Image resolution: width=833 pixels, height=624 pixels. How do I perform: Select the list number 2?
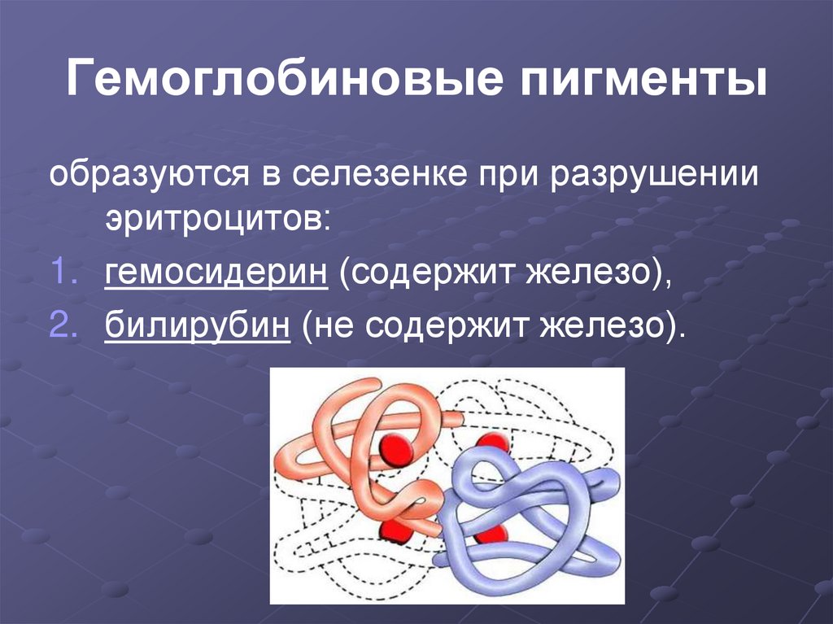coord(65,326)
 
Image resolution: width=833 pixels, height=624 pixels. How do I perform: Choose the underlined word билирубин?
coord(198,326)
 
